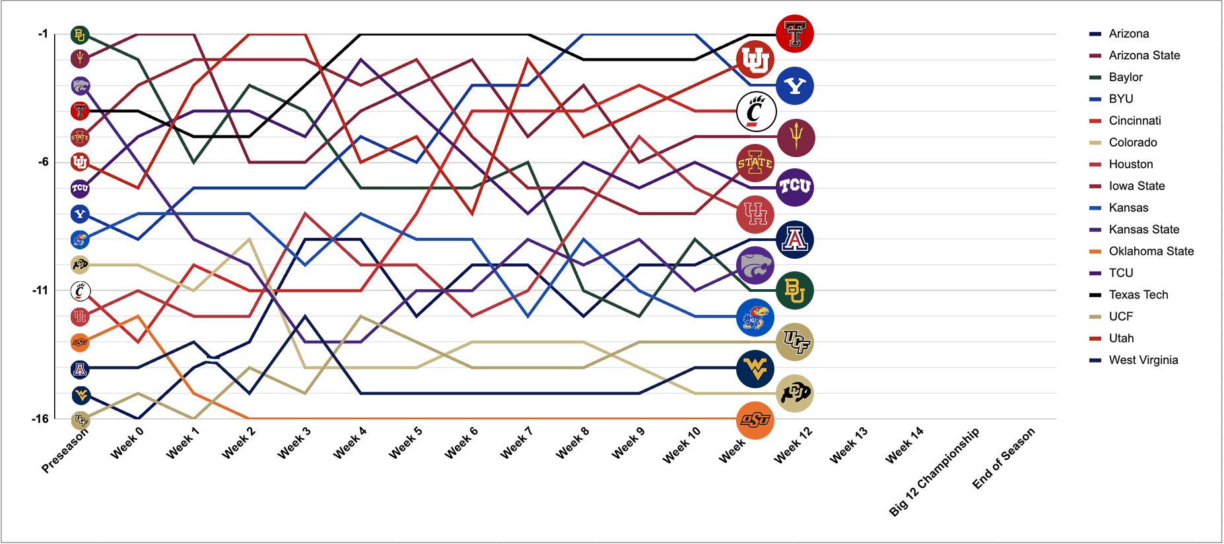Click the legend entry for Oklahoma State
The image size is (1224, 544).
[x=1151, y=251]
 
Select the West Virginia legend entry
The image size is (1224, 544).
[x=1143, y=360]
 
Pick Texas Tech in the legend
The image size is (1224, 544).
[x=1138, y=294]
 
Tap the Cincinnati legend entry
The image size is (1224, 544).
[x=1134, y=120]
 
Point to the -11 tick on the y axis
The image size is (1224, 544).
[x=40, y=290]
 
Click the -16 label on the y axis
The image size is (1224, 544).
[x=40, y=418]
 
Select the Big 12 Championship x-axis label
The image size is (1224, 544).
[x=934, y=471]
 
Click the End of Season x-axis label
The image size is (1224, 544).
[x=1003, y=458]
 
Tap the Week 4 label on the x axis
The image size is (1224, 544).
[x=349, y=443]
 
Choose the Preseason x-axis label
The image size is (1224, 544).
[x=64, y=452]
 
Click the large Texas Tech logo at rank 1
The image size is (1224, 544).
[x=794, y=34]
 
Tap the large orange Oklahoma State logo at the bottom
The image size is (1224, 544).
[x=755, y=420]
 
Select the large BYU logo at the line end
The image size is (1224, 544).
[x=795, y=86]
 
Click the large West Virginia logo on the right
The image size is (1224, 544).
[x=755, y=368]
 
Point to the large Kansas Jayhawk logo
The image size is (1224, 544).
[x=755, y=318]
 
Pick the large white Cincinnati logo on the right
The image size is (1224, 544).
[x=755, y=112]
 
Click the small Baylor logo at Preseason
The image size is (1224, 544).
[x=80, y=35]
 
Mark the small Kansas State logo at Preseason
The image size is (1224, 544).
[x=80, y=86]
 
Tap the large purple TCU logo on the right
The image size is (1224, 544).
[x=794, y=187]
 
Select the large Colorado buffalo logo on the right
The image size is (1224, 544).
[x=794, y=393]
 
